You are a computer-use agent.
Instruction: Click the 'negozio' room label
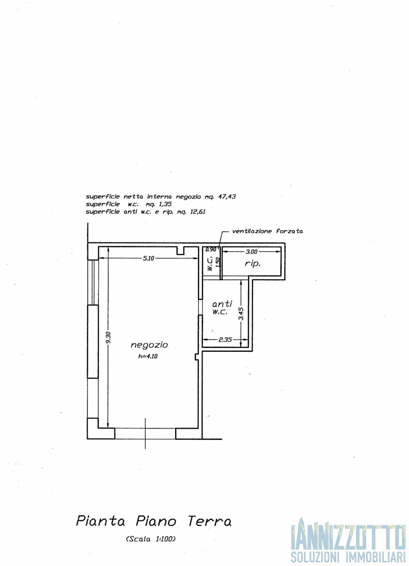[x=149, y=345]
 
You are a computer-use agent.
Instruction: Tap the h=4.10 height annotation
[x=148, y=356]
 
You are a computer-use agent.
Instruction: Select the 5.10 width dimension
[x=148, y=258]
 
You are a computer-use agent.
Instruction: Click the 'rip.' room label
[x=252, y=264]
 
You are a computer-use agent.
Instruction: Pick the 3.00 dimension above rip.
[x=252, y=252]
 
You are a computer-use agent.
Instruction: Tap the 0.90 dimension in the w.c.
[x=211, y=250]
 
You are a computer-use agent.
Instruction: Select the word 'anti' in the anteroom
[x=222, y=303]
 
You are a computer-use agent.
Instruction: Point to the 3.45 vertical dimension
[x=241, y=314]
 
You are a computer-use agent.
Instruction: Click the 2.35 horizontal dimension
[x=225, y=340]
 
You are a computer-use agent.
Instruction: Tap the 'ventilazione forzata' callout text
[x=268, y=231]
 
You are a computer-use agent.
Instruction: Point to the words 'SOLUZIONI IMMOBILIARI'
[x=349, y=557]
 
